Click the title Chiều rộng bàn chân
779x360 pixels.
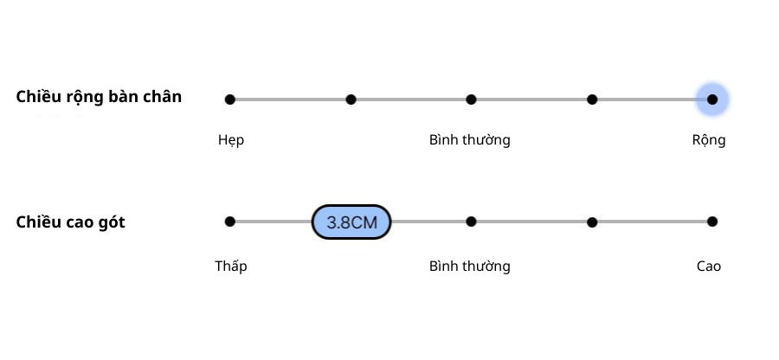click(99, 97)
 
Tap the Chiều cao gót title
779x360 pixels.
click(70, 222)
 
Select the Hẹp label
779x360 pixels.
click(231, 140)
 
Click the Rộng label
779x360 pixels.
click(709, 140)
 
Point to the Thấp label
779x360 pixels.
click(231, 266)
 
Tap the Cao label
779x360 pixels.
click(709, 266)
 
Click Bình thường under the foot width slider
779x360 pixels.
click(470, 140)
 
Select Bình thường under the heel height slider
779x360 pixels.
click(470, 266)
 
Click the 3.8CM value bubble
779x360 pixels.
click(351, 222)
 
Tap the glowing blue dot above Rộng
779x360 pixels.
click(712, 100)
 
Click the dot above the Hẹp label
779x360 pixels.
click(229, 100)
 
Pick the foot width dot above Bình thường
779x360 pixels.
click(471, 100)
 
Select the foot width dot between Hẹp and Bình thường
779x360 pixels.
click(351, 100)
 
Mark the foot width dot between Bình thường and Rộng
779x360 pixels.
click(592, 100)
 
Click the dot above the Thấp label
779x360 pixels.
click(229, 222)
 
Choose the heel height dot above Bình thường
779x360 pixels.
click(471, 222)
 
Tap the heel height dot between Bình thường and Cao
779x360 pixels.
click(592, 222)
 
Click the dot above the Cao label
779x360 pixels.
click(712, 222)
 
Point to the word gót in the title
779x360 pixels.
click(111, 223)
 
